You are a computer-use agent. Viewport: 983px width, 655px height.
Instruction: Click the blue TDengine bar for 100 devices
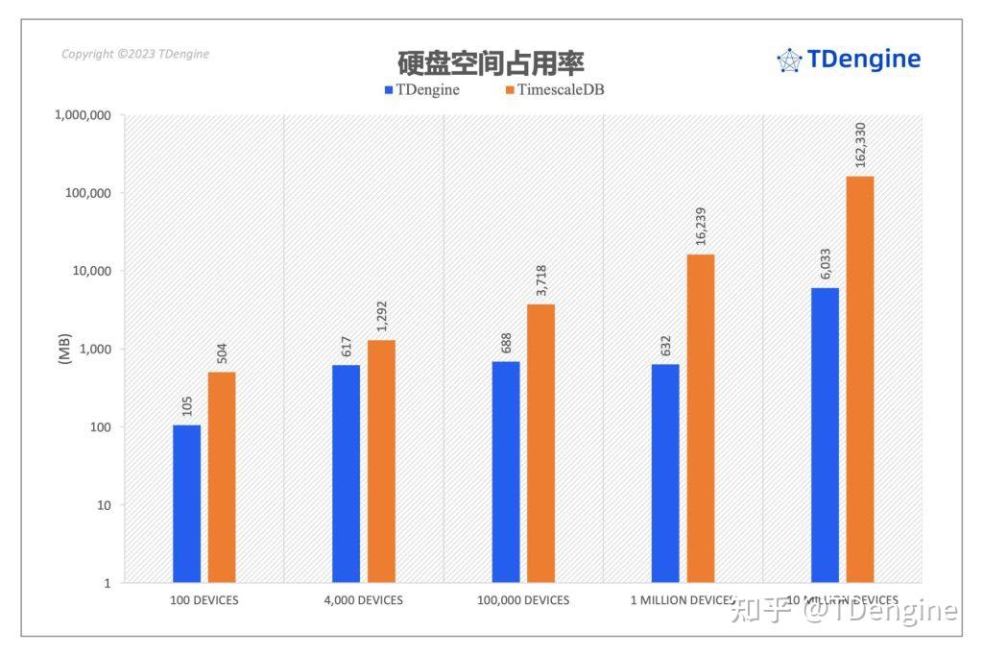(x=186, y=503)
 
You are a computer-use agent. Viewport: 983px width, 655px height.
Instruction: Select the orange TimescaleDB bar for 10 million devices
(x=860, y=378)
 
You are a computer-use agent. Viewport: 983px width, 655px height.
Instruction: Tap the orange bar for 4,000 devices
(x=381, y=461)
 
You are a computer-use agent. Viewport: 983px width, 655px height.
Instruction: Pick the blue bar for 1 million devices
(x=665, y=473)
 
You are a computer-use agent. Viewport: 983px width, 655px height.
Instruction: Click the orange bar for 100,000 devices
(x=540, y=443)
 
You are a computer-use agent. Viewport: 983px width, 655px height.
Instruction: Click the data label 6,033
(x=826, y=263)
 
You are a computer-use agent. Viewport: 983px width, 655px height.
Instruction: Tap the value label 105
(x=187, y=405)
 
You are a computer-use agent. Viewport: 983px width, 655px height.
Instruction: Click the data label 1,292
(x=381, y=316)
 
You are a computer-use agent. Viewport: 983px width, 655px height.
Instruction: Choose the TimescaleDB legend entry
(x=554, y=90)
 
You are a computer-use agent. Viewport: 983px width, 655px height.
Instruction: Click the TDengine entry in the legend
(x=421, y=90)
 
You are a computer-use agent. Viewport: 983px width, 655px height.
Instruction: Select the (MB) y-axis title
(x=64, y=349)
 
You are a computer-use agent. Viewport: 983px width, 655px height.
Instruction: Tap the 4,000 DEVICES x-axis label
(x=364, y=600)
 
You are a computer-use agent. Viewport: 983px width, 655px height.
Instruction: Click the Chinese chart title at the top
(x=491, y=63)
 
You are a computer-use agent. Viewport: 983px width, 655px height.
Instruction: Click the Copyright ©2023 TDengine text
(x=135, y=54)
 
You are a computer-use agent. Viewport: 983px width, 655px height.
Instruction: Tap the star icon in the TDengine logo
(x=789, y=61)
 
